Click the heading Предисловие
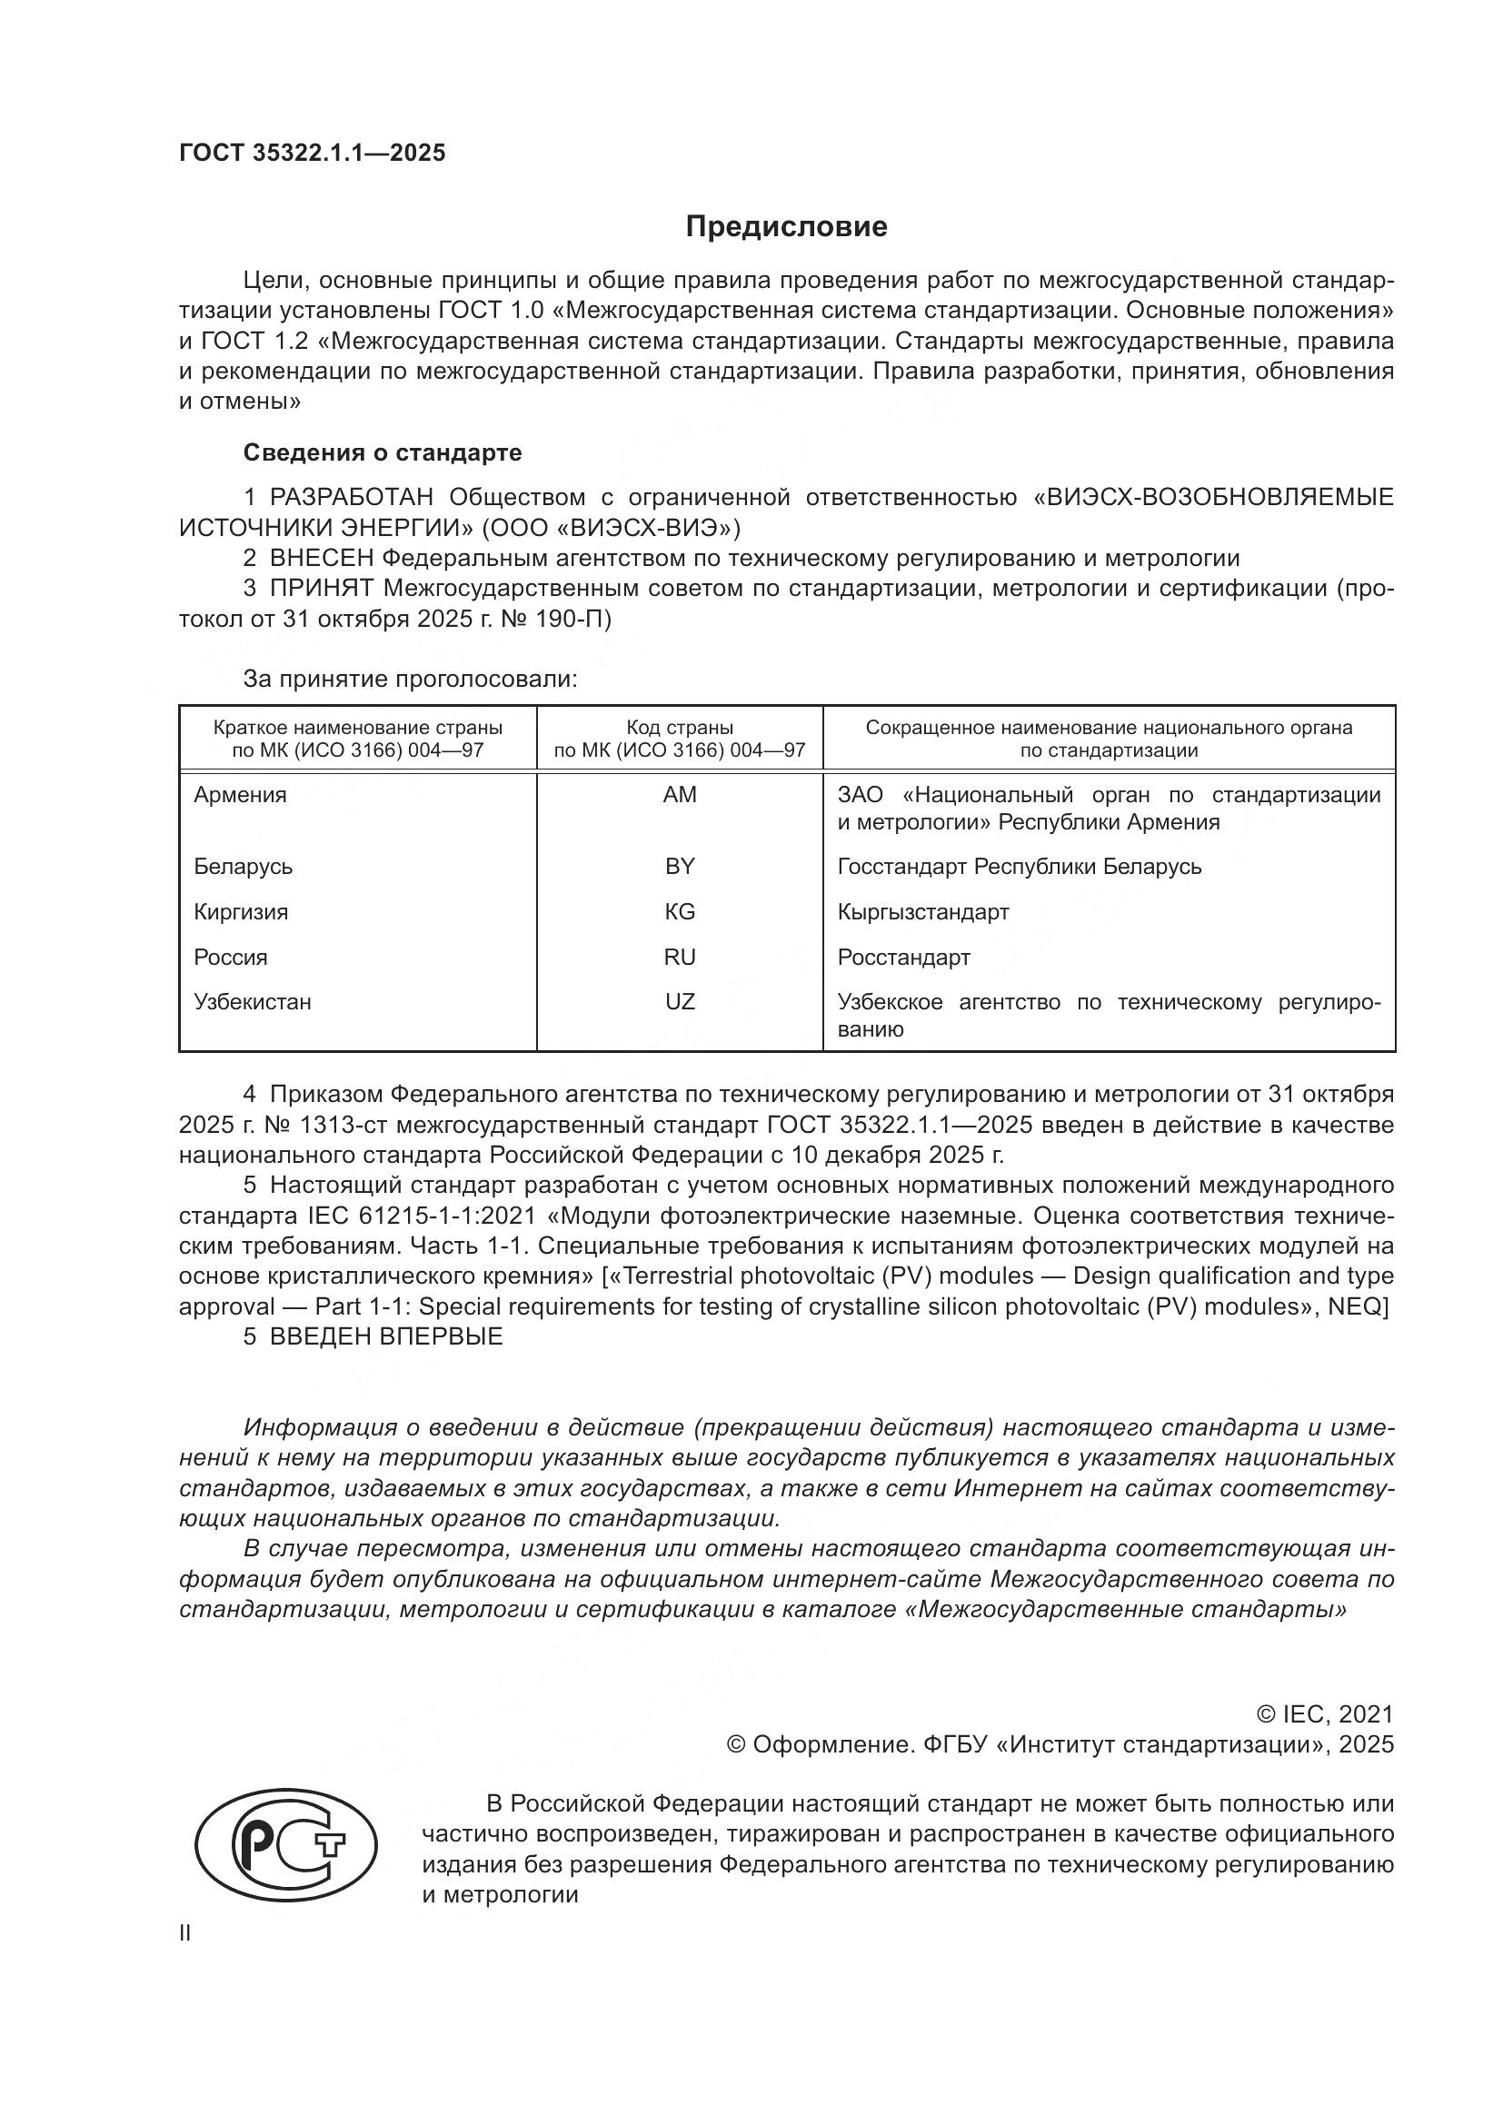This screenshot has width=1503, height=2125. [786, 227]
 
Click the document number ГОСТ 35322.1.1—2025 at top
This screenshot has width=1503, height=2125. [312, 153]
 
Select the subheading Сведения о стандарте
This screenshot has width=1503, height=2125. [383, 452]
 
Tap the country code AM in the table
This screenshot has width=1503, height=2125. [680, 794]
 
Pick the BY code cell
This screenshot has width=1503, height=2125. [680, 867]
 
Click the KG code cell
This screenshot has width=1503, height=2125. [680, 911]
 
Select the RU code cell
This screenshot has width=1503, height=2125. [680, 957]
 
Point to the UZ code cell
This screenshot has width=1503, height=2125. [680, 1001]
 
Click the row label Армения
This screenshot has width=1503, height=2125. [240, 794]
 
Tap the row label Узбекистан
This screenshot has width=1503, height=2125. [252, 1001]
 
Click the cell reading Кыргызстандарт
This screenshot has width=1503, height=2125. [922, 911]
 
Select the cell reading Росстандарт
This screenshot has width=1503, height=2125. [903, 957]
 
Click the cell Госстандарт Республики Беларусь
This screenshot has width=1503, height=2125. [1019, 867]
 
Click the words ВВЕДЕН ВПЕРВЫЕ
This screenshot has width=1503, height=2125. [386, 1336]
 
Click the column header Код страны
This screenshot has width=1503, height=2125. [680, 728]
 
